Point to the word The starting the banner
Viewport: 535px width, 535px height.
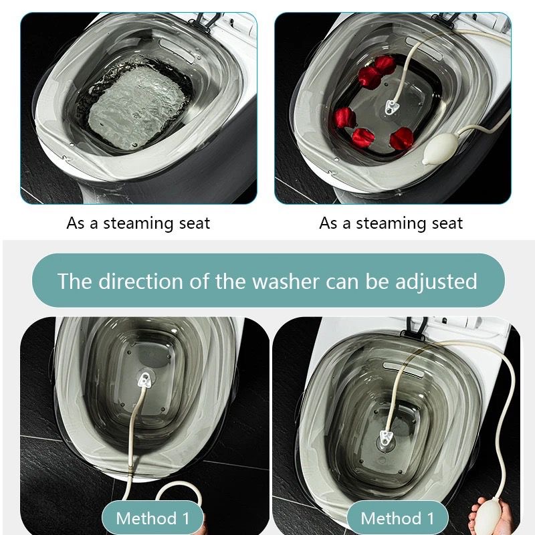pyautogui.click(x=74, y=281)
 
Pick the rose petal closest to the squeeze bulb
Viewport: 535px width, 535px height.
pyautogui.click(x=401, y=138)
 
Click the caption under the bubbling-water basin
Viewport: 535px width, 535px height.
pyautogui.click(x=138, y=223)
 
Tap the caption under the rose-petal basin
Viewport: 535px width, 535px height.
pyautogui.click(x=391, y=223)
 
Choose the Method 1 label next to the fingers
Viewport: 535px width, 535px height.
pyautogui.click(x=397, y=518)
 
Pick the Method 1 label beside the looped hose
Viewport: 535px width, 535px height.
pyautogui.click(x=152, y=518)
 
